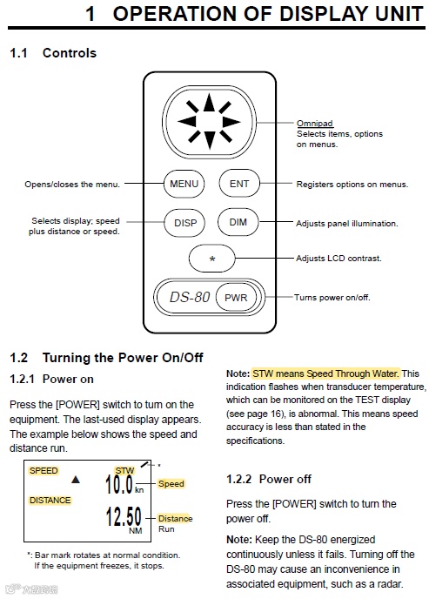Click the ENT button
tap(239, 184)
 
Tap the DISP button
tap(184, 223)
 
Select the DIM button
tap(238, 222)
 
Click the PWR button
tap(236, 297)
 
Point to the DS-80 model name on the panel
tap(190, 297)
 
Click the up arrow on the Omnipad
tap(209, 102)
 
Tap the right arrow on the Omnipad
tap(231, 122)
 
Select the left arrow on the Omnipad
tap(186, 122)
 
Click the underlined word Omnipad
tap(315, 124)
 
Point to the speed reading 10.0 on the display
tap(119, 484)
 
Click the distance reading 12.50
tap(124, 516)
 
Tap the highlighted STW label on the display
tap(124, 471)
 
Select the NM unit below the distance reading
tap(136, 530)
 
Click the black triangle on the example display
tap(76, 479)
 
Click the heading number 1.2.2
tap(238, 479)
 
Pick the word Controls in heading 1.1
tap(70, 53)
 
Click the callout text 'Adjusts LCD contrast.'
tap(339, 259)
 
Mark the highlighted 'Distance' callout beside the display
tap(175, 518)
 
